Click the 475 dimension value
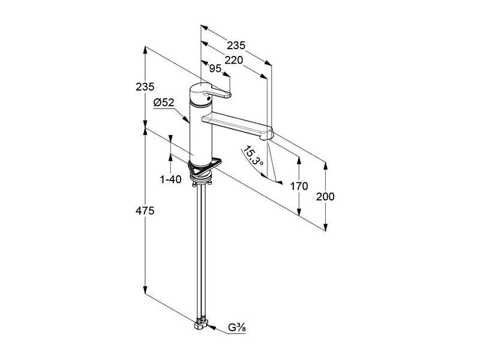tap(145, 211)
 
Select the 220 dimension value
tap(233, 60)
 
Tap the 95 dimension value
tap(215, 68)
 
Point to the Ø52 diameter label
tap(164, 103)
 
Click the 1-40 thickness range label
tap(171, 179)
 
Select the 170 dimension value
tap(299, 186)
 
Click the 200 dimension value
tap(325, 197)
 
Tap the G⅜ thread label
tap(236, 328)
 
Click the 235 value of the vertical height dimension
tap(145, 87)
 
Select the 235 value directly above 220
tap(236, 46)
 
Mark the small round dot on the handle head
tap(208, 98)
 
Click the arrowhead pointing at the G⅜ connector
tap(212, 328)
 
